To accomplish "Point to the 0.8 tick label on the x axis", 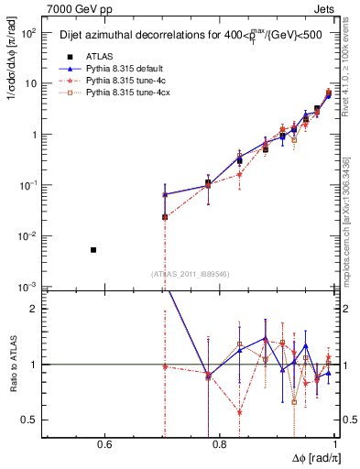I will point(220,445).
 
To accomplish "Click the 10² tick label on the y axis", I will point(28,32).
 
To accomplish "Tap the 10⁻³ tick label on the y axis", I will point(28,287).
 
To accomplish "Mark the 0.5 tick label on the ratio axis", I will point(30,420).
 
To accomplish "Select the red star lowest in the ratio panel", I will point(239,412).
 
